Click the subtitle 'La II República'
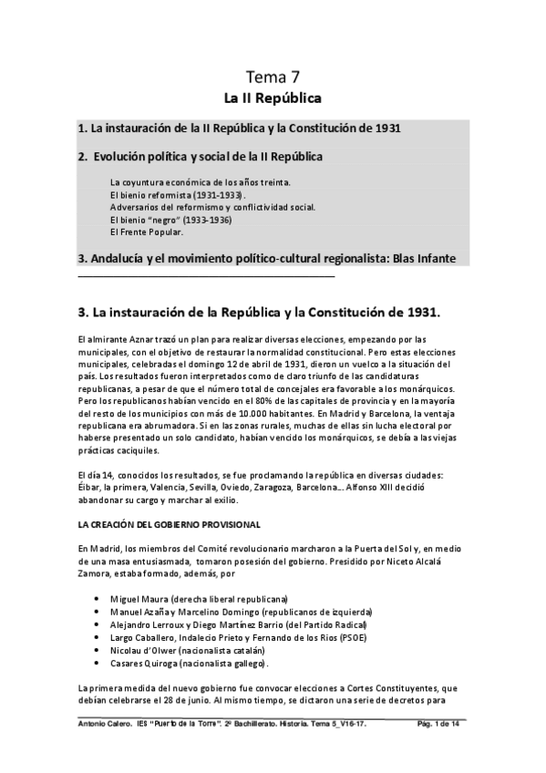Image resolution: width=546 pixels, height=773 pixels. coord(273,96)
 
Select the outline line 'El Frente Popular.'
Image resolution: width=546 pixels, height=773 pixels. coord(146,232)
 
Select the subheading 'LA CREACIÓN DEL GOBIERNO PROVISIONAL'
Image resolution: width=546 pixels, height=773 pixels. coord(170,523)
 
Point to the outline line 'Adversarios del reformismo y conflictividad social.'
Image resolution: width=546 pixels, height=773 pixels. coord(211,207)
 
